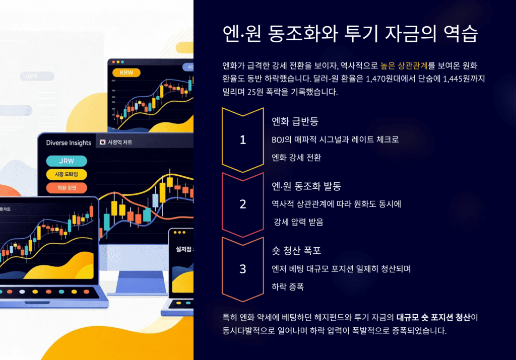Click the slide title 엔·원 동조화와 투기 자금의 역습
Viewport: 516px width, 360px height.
click(x=350, y=35)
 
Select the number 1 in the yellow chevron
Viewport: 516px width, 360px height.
click(x=243, y=140)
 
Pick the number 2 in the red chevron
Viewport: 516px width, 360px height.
click(x=243, y=204)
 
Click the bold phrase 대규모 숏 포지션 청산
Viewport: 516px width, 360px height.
click(x=436, y=318)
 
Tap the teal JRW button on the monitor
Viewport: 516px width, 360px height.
click(x=67, y=161)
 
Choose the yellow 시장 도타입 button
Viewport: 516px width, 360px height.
click(x=67, y=174)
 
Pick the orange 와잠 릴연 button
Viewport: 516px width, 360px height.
click(x=67, y=188)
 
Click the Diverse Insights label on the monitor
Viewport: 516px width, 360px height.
click(x=69, y=142)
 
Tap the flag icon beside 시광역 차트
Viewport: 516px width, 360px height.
click(x=103, y=142)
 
